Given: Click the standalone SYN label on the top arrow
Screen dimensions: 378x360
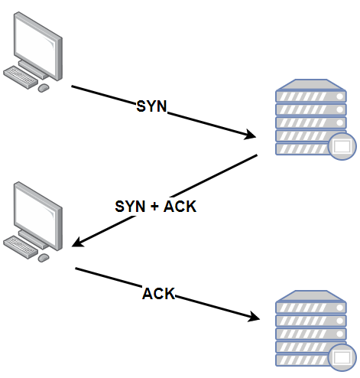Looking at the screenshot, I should pos(151,106).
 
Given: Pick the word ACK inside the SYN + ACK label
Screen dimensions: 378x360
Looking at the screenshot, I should pos(180,206).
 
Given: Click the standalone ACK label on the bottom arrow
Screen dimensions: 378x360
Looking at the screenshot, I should pos(159,293).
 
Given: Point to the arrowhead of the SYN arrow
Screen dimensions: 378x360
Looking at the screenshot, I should pos(251,137).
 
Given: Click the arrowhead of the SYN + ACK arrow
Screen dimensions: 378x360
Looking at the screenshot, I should pos(76,245).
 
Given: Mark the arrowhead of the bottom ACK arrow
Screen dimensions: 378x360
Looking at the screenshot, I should pos(251,318).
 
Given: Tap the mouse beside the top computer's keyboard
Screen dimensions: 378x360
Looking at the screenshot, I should pos(44,88).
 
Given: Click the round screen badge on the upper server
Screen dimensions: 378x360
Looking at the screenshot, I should pos(342,145).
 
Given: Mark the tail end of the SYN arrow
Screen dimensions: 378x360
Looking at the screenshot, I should pos(73,86).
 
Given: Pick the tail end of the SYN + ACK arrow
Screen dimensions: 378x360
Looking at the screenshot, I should pos(256,155).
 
